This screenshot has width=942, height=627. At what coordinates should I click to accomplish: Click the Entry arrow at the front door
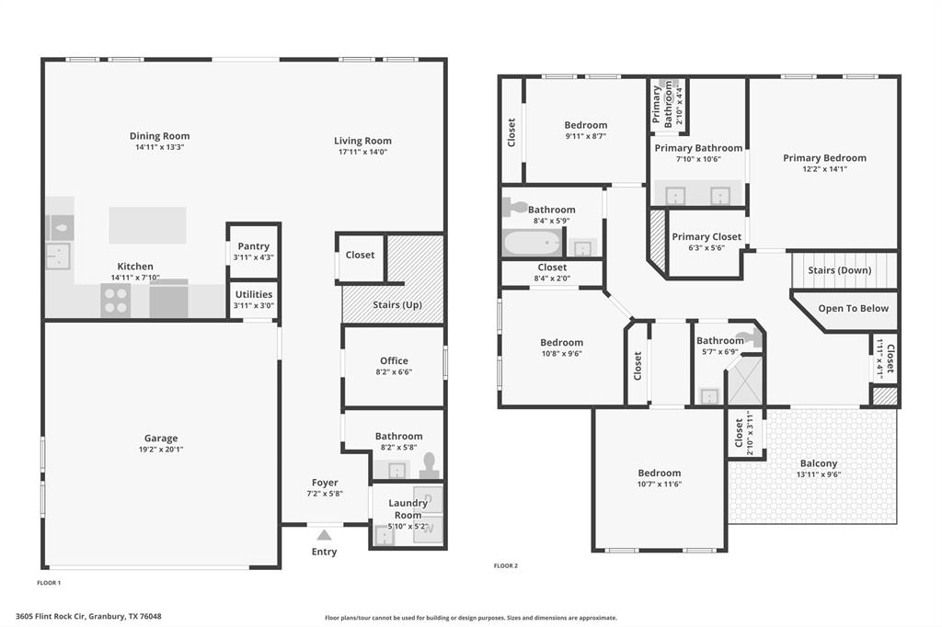click(x=323, y=535)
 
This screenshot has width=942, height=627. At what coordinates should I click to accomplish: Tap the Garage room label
click(x=161, y=439)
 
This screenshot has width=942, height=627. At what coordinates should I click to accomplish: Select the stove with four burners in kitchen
click(x=115, y=300)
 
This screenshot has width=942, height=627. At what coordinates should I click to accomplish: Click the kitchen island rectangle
click(x=147, y=224)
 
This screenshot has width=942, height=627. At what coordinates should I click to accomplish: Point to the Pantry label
click(x=253, y=246)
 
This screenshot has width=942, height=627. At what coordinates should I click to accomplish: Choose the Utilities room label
click(x=253, y=294)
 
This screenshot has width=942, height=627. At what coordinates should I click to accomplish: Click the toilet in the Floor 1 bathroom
click(x=430, y=468)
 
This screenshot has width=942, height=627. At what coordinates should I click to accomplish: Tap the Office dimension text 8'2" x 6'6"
click(x=394, y=372)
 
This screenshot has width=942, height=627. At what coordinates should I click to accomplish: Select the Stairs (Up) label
click(x=397, y=304)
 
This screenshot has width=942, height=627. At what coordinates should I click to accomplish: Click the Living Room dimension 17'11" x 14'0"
click(x=362, y=152)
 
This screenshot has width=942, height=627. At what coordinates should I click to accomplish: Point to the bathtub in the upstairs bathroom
click(x=531, y=244)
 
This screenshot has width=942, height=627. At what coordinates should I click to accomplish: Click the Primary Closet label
click(x=706, y=236)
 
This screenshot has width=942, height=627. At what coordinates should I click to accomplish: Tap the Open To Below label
click(x=853, y=308)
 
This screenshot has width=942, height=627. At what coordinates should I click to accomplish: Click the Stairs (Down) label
click(x=839, y=270)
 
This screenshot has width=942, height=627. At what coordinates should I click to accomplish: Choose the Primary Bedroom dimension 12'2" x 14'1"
click(x=824, y=168)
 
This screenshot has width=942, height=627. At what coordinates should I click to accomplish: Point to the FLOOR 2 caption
click(x=505, y=565)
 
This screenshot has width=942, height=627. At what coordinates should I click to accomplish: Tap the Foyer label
click(x=325, y=483)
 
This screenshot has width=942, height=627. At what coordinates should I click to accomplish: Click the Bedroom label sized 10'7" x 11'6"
click(x=660, y=473)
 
